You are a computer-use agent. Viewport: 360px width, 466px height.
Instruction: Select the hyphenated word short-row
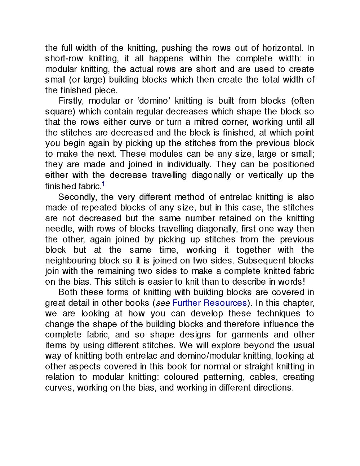[x=64, y=58]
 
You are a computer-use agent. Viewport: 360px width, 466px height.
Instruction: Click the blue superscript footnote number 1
[x=103, y=184]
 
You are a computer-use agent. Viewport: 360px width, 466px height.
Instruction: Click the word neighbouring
[x=70, y=261]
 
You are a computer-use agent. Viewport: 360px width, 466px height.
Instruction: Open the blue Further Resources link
[x=210, y=303]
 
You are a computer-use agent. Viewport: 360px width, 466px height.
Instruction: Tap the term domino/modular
[x=209, y=356]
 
